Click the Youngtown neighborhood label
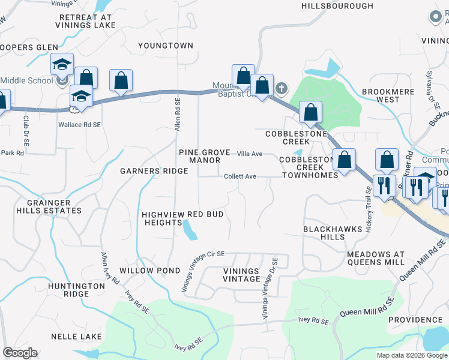[x=166, y=46]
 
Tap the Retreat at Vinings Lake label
[x=85, y=21]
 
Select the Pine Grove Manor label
[x=204, y=157]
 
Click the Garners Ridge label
[x=154, y=171]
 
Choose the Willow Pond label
[x=145, y=271]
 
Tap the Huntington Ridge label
[x=77, y=290]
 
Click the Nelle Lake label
[x=76, y=337]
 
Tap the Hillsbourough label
[x=337, y=6]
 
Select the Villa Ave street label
[x=250, y=154]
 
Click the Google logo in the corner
[x=19, y=353]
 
